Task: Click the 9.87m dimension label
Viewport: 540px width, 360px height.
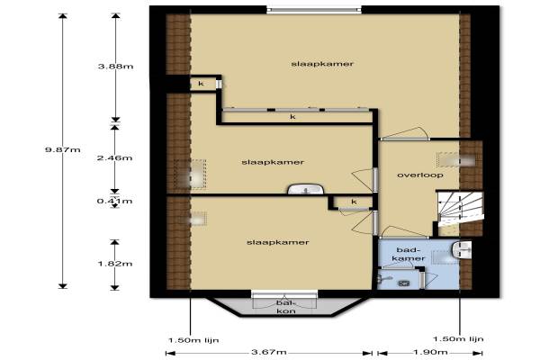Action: point(63,150)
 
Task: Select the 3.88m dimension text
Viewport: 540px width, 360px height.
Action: point(116,66)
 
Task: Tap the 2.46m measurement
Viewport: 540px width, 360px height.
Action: point(114,157)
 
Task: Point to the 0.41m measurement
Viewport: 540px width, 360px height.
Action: point(114,201)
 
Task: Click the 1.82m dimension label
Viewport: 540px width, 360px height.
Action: point(115,264)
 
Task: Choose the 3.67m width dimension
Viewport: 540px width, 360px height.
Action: point(268,352)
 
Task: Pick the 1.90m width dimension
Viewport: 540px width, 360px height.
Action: point(430,352)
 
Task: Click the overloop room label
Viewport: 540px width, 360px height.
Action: point(420,175)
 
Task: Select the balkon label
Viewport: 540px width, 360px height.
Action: point(286,307)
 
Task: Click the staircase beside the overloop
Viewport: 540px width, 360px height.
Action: point(460,209)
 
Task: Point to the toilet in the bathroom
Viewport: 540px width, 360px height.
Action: point(463,250)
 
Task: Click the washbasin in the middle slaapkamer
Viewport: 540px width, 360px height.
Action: point(306,189)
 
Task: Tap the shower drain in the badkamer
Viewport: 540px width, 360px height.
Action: point(403,283)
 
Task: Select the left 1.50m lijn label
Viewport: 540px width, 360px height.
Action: point(193,340)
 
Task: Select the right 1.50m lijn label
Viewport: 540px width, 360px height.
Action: point(458,339)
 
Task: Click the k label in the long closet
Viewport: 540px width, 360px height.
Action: point(292,117)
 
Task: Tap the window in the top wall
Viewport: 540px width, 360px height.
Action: point(314,10)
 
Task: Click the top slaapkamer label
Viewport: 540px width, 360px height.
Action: point(322,64)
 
